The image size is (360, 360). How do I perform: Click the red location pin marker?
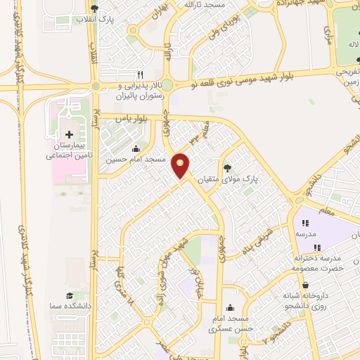coord(181,165)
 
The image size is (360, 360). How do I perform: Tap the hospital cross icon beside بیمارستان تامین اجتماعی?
coord(69,134)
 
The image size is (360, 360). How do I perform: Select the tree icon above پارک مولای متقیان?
coord(226,168)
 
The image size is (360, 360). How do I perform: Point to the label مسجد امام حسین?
coord(136,160)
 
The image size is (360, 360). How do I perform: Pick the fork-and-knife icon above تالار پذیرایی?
coord(140,75)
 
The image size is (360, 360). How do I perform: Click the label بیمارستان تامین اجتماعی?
coord(69,149)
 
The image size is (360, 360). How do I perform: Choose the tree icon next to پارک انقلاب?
coord(94,7)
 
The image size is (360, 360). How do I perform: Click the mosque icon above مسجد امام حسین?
coord(136,149)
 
